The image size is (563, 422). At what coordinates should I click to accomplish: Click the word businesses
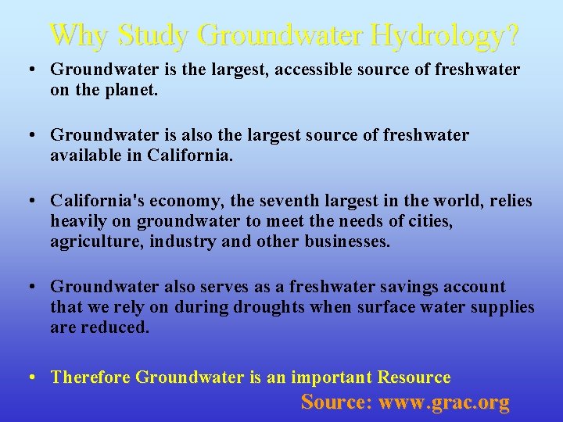(x=345, y=241)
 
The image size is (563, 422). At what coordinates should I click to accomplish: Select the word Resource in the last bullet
(x=414, y=377)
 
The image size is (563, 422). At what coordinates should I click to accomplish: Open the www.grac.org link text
(x=444, y=402)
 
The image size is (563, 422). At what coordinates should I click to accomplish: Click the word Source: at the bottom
(x=336, y=402)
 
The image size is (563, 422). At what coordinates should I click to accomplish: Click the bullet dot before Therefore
(x=29, y=377)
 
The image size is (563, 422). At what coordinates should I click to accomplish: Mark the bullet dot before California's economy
(x=29, y=202)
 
